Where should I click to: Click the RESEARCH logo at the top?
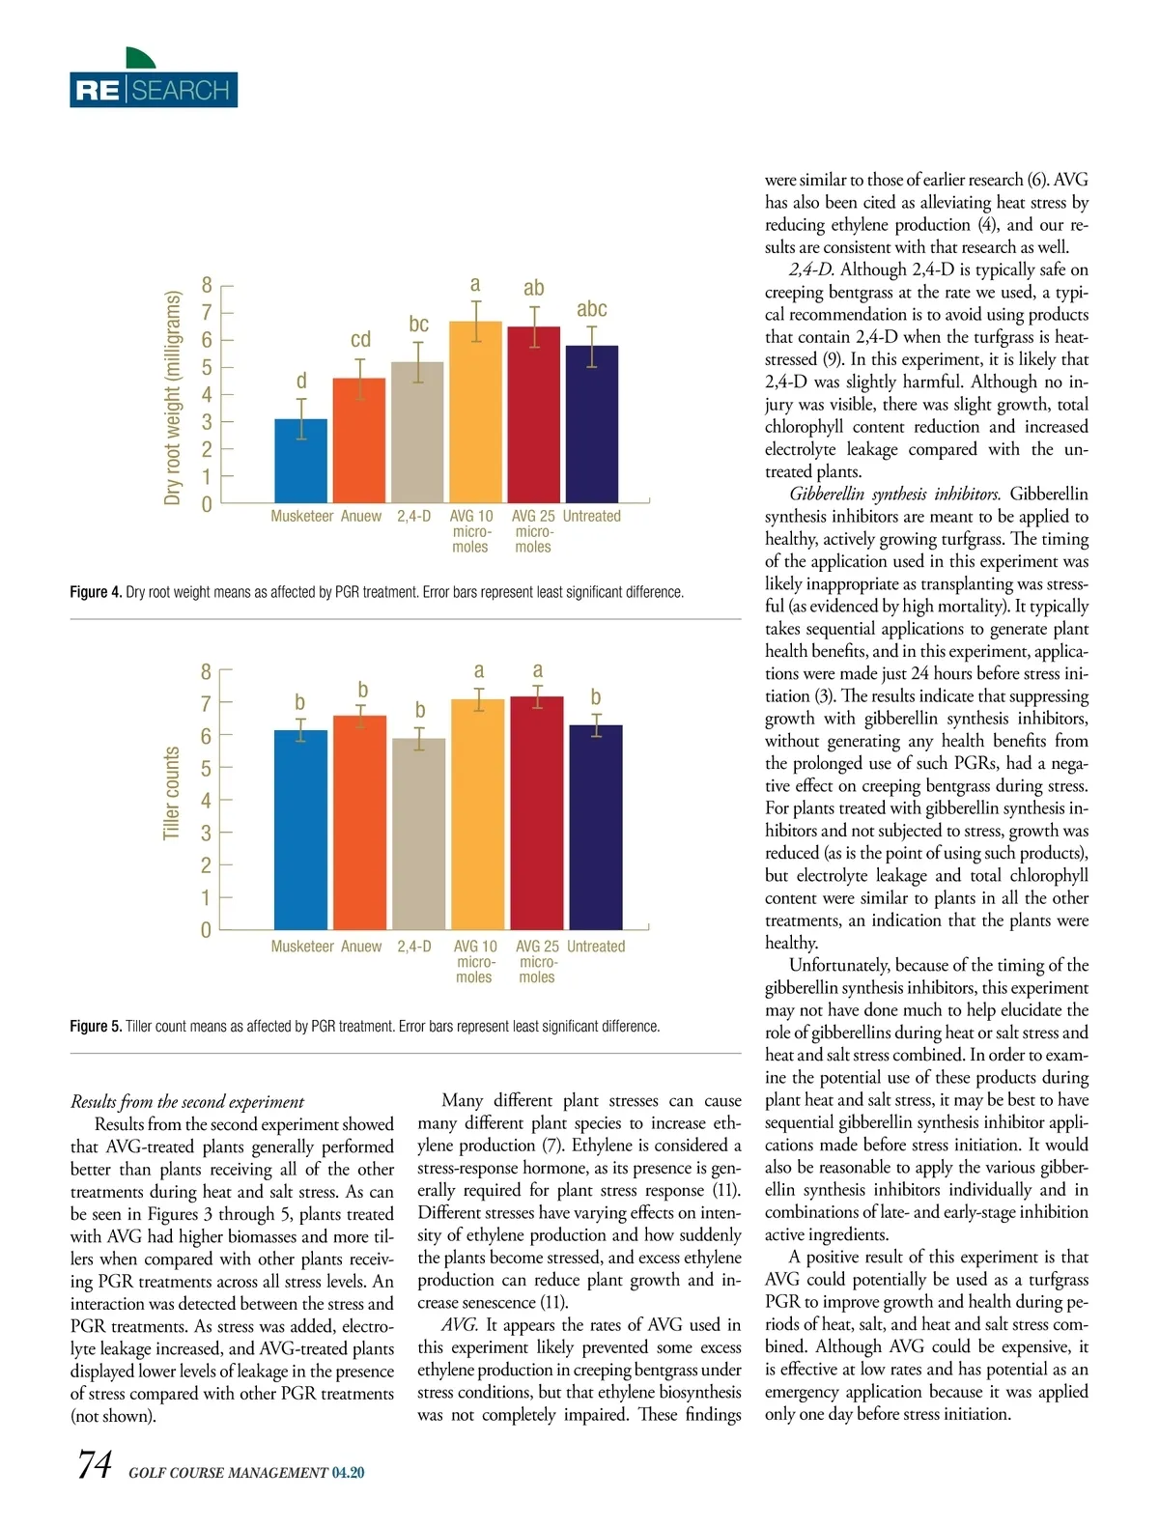(x=154, y=90)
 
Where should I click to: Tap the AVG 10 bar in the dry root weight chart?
(x=475, y=411)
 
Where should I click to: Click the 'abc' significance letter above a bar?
(x=591, y=309)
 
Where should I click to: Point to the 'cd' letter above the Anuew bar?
(x=360, y=339)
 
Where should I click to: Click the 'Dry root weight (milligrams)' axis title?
(x=173, y=397)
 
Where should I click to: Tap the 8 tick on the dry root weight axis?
(x=207, y=285)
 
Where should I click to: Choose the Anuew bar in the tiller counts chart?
(x=359, y=822)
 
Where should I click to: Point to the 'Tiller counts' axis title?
(x=172, y=793)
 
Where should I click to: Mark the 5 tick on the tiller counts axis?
(x=206, y=769)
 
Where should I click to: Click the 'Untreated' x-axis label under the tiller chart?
(x=596, y=947)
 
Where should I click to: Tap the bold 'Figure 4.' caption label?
(x=96, y=592)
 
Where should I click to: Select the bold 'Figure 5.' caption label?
(x=96, y=1027)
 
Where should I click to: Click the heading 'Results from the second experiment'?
(x=187, y=1102)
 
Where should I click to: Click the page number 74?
(x=95, y=1465)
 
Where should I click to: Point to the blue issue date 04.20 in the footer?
(x=348, y=1473)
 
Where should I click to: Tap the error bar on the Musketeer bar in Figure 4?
(x=301, y=419)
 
